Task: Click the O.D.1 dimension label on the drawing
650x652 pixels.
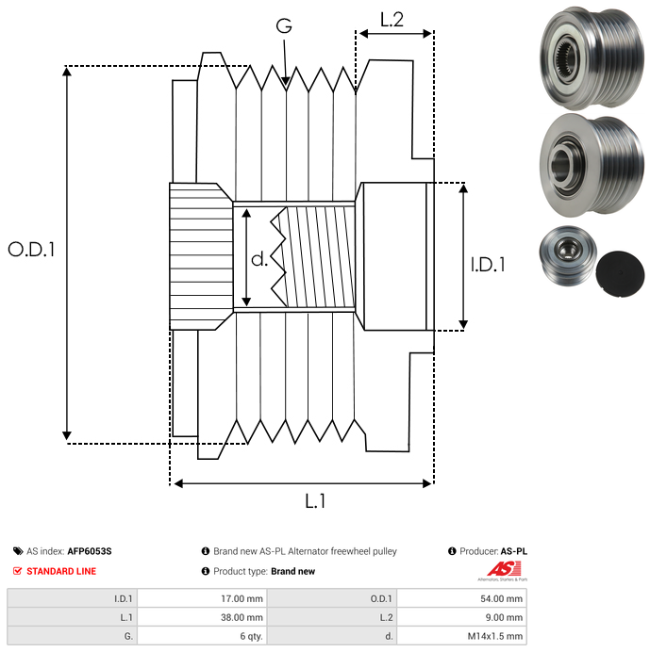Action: coord(32,250)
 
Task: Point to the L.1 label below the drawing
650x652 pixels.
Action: coord(315,501)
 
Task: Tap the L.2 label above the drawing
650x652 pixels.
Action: coord(392,19)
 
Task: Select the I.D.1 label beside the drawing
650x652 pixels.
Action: coord(488,266)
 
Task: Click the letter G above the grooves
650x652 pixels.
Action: coord(284,26)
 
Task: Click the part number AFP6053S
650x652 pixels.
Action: coord(95,551)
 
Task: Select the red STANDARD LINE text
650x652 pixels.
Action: coord(61,571)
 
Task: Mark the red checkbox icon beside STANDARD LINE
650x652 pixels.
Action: coord(17,571)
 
